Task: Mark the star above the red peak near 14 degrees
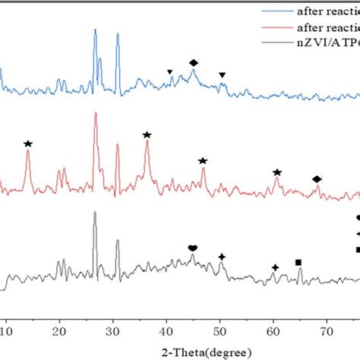pos(28,144)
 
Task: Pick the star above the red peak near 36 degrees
pos(147,134)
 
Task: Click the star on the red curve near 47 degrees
pos(203,161)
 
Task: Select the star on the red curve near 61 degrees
pos(277,173)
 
